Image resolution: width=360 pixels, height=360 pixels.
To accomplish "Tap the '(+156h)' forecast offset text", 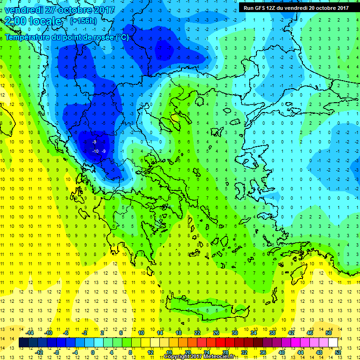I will tap(83, 21).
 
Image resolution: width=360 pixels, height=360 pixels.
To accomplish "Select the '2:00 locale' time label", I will tap(33, 22).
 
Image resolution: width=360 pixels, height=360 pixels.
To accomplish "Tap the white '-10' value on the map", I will tap(95, 151).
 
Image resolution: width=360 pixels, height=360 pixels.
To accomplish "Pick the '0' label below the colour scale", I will tap(93, 352).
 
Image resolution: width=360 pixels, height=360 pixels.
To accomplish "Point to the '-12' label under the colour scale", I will tap(39, 352).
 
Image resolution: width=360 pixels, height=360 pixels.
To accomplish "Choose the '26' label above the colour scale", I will tap(217, 332).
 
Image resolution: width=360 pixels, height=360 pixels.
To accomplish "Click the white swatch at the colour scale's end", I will tap(333, 343).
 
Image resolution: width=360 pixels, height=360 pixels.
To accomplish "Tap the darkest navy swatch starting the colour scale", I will tap(23, 343).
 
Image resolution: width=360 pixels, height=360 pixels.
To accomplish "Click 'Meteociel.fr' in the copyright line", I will tap(222, 357).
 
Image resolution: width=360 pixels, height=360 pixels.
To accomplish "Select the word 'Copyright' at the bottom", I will tap(177, 357).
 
